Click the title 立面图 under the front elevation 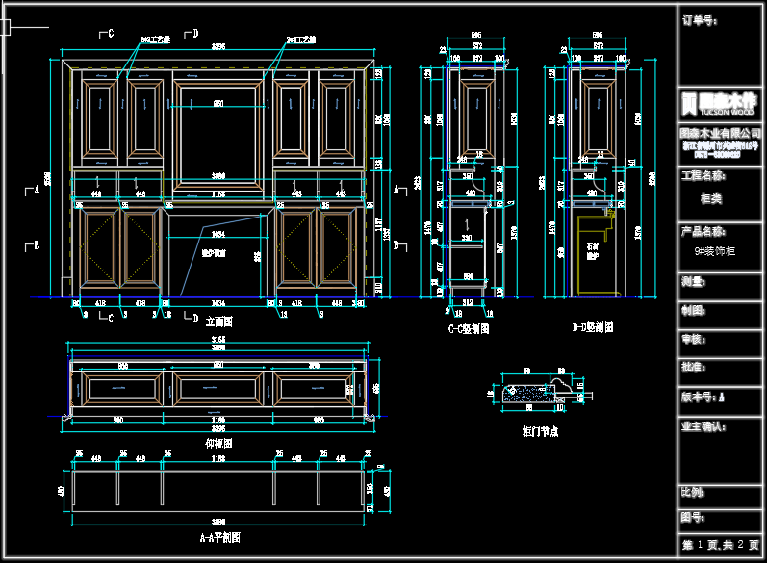(219, 321)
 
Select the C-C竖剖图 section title (470, 327)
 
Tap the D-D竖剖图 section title (592, 327)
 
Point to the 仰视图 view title (218, 444)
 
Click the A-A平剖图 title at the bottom (219, 537)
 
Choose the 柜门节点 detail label (539, 431)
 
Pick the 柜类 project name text (712, 198)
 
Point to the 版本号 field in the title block (703, 396)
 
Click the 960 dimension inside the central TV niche (218, 103)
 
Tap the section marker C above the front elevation (110, 35)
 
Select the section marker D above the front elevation (195, 35)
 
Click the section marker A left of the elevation (36, 190)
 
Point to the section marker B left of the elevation (36, 244)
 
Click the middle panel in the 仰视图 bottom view (218, 388)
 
